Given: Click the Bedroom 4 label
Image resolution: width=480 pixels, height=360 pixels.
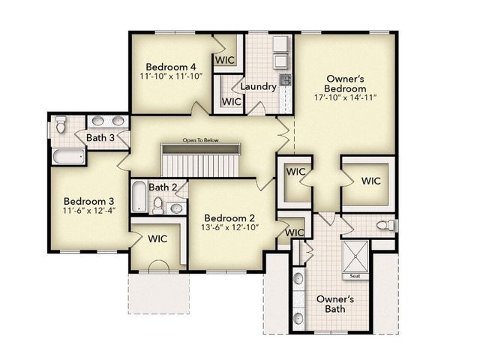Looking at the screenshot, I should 170,64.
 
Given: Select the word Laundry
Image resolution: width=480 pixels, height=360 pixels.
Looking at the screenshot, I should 258,87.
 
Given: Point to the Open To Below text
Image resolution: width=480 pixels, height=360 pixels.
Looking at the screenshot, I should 199,141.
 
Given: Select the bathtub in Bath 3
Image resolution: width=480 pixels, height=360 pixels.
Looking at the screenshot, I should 68,157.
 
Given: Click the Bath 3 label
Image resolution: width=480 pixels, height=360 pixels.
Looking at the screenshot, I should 100,138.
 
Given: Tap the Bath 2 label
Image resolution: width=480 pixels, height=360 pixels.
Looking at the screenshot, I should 163,187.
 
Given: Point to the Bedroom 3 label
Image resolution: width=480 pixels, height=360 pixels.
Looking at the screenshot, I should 88,201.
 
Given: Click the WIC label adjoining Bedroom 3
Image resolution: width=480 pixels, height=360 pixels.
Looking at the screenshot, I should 157,238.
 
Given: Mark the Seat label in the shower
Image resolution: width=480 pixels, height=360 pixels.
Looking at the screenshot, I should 355,276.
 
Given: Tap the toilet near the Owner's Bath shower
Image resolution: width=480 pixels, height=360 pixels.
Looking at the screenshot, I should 384,225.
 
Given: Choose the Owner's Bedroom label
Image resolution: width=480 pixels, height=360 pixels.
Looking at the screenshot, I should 346,83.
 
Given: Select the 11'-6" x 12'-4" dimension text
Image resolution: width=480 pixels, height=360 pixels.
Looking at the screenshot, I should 88,212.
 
